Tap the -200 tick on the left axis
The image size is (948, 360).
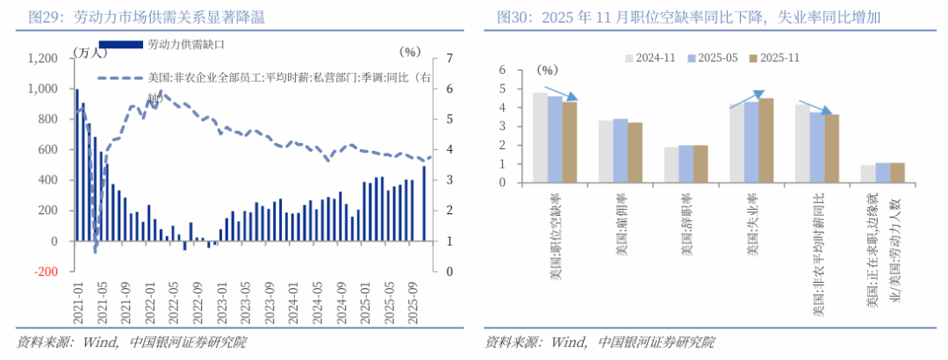(x=45, y=271)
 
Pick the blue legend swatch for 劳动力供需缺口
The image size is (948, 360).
(x=121, y=43)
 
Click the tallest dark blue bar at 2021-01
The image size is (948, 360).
(x=76, y=163)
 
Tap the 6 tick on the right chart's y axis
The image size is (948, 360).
(x=503, y=69)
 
